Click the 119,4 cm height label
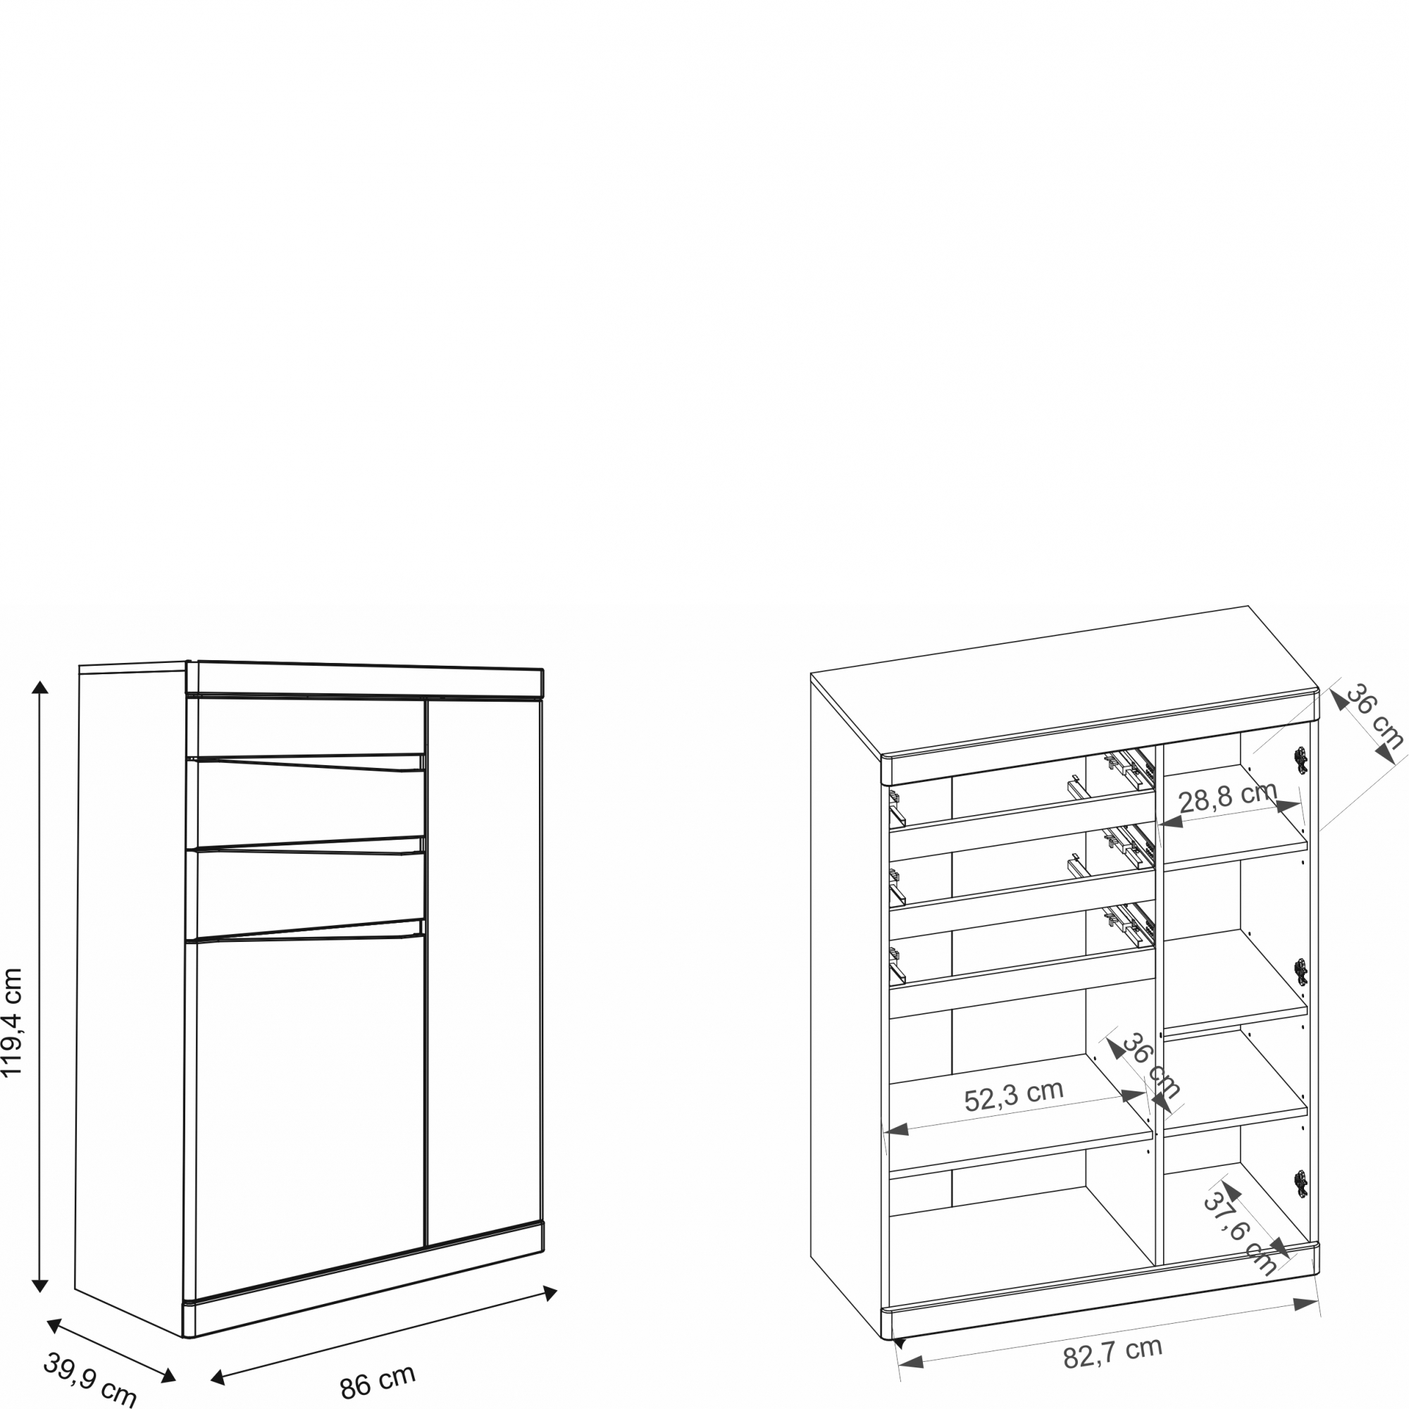(13, 1022)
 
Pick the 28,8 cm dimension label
(1228, 797)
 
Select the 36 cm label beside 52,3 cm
(1150, 1065)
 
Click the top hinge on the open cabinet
(1301, 760)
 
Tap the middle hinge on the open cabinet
(1301, 972)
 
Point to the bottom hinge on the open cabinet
(1301, 1184)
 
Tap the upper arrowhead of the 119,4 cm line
(40, 686)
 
